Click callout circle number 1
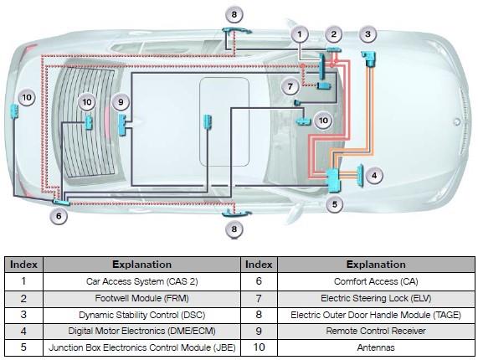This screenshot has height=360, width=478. (x=300, y=34)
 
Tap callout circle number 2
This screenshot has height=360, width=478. (x=333, y=34)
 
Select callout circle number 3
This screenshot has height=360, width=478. (x=367, y=34)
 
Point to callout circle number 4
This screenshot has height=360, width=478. (x=374, y=176)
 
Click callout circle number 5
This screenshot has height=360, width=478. (x=334, y=204)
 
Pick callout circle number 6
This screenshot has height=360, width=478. (x=59, y=216)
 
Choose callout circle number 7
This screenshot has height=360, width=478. (x=290, y=86)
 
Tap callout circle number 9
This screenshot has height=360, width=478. (x=121, y=102)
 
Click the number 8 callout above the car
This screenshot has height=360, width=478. (x=234, y=14)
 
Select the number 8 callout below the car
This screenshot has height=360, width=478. (x=234, y=229)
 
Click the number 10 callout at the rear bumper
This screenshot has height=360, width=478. (x=27, y=98)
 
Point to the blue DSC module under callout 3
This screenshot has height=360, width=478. (x=368, y=59)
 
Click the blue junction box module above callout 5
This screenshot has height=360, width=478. (x=333, y=180)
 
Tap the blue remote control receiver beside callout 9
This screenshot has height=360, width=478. (x=122, y=125)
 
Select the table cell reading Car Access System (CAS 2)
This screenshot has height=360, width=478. (x=141, y=281)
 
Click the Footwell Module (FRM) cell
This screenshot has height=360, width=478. (x=141, y=298)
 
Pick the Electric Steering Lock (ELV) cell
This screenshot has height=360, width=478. (x=376, y=298)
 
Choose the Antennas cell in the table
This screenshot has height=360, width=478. (x=376, y=347)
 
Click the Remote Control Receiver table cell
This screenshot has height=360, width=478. (x=376, y=331)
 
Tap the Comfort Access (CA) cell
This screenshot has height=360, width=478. (x=376, y=281)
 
